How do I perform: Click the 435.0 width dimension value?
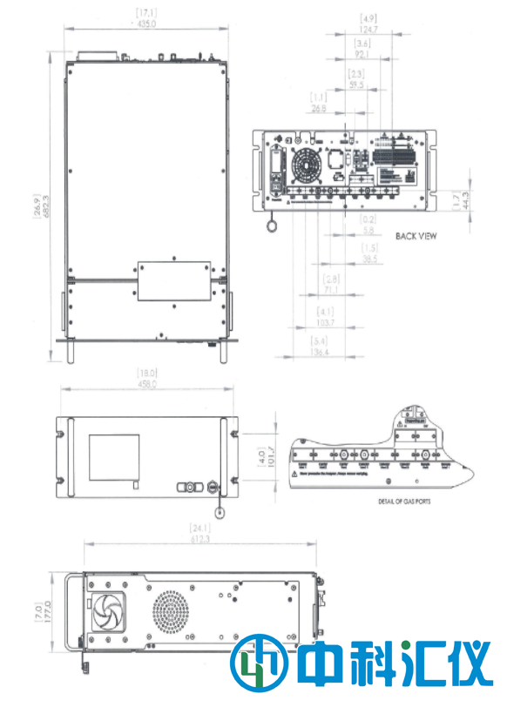pyautogui.click(x=145, y=24)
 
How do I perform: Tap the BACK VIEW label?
pyautogui.click(x=416, y=235)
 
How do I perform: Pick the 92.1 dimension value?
pyautogui.click(x=362, y=54)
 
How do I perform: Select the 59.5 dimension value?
pyautogui.click(x=355, y=85)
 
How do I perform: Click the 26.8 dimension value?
pyautogui.click(x=319, y=108)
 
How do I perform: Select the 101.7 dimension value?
pyautogui.click(x=267, y=456)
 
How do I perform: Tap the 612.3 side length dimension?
pyautogui.click(x=200, y=540)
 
